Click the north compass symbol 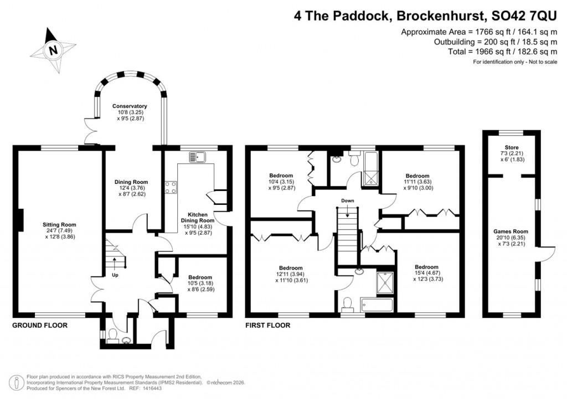[53, 50]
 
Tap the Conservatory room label [130, 112]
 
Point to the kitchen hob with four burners [171, 188]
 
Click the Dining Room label [131, 188]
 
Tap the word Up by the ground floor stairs [115, 275]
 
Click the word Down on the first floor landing [348, 200]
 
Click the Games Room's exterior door [549, 253]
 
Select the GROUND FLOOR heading [40, 326]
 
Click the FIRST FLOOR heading [268, 326]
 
